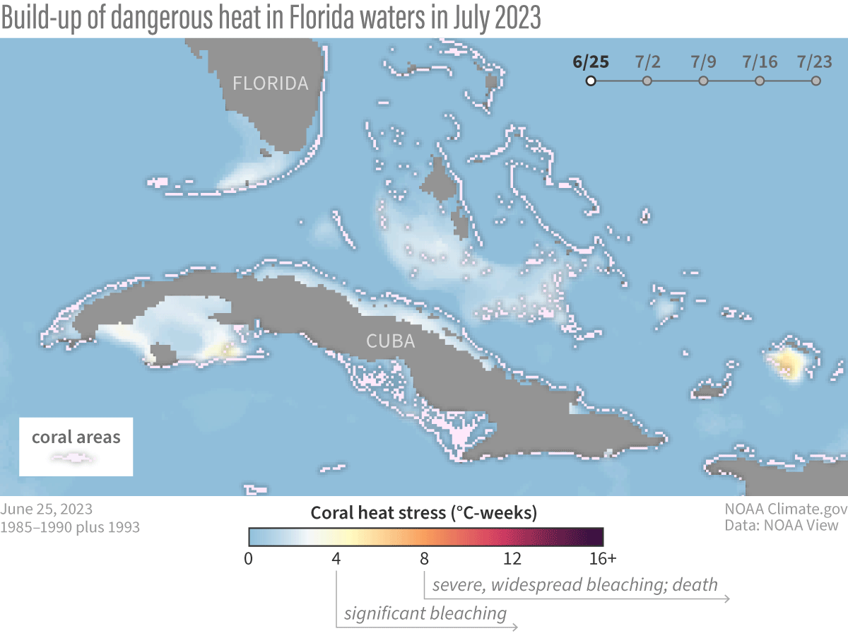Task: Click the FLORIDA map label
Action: [271, 83]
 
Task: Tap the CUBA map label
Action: [390, 341]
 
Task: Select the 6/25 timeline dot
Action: [591, 81]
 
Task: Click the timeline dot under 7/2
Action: [647, 81]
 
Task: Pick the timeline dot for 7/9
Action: [703, 81]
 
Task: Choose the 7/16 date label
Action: [760, 61]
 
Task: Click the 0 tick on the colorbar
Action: [248, 559]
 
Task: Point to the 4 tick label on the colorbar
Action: [336, 559]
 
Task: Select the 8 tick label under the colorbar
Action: [424, 559]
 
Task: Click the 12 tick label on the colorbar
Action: [512, 559]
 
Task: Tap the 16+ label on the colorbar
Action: [603, 559]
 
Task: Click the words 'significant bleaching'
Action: [425, 613]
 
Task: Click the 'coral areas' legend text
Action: [76, 437]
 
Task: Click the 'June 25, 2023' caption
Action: [46, 509]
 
